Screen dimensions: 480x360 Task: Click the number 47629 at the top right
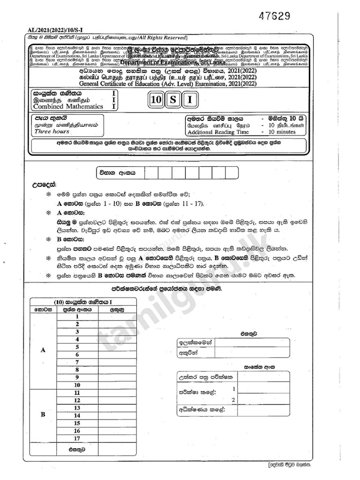coord(274,15)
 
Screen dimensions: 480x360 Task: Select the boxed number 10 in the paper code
coord(157,100)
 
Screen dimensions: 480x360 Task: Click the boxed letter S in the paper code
coord(173,100)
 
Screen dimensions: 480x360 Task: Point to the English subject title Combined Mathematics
coord(61,106)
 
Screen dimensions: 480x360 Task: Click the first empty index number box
coord(151,172)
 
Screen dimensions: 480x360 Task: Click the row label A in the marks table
coord(44,350)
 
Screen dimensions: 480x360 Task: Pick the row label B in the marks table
coord(43,415)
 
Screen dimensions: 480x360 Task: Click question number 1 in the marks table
coord(77,317)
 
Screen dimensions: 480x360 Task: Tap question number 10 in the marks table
coord(77,385)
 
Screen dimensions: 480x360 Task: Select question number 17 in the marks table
coord(77,438)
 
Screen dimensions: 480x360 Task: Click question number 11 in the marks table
coord(77,393)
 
